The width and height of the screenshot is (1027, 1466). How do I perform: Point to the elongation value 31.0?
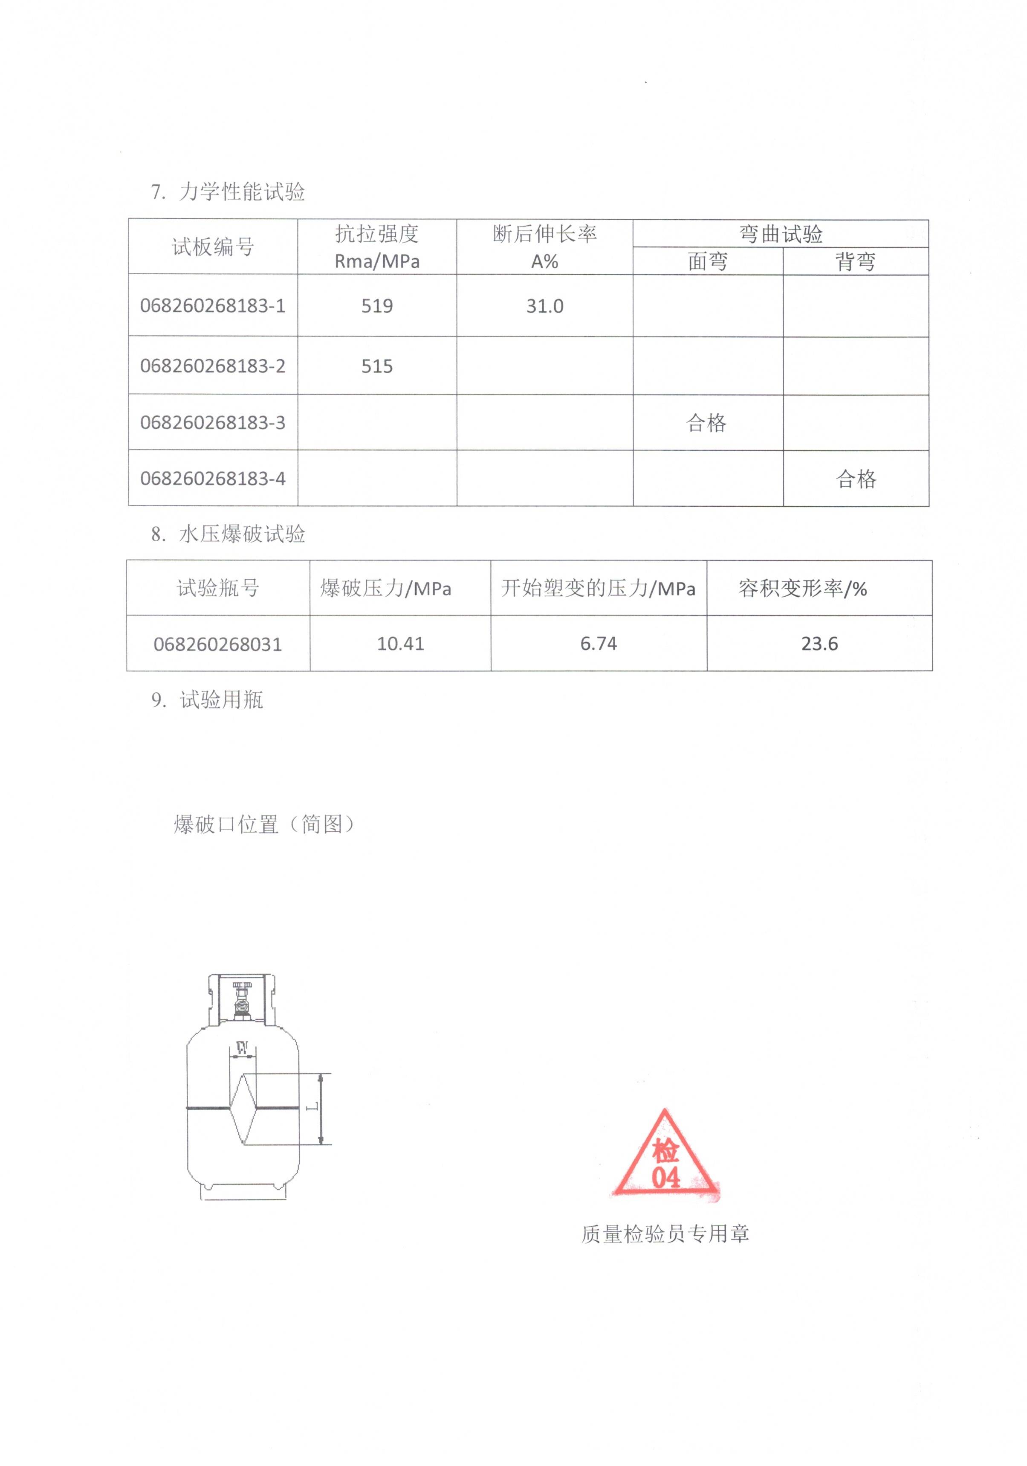click(544, 306)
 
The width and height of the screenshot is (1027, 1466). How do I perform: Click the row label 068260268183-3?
click(213, 423)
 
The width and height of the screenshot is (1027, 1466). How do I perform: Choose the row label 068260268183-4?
click(213, 478)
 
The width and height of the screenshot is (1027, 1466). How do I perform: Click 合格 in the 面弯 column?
click(706, 423)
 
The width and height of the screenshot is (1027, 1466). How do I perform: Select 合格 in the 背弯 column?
click(856, 478)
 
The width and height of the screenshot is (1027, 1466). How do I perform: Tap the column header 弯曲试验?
click(781, 234)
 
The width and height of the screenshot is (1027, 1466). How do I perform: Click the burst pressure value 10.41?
click(400, 644)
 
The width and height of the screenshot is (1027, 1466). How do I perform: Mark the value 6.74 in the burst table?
click(598, 644)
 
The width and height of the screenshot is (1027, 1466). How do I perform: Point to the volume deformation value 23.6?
click(819, 644)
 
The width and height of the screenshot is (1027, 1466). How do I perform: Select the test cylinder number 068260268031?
click(218, 644)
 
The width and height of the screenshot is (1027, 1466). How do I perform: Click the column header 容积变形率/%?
click(802, 588)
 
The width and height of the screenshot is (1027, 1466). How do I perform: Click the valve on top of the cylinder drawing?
click(242, 1001)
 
